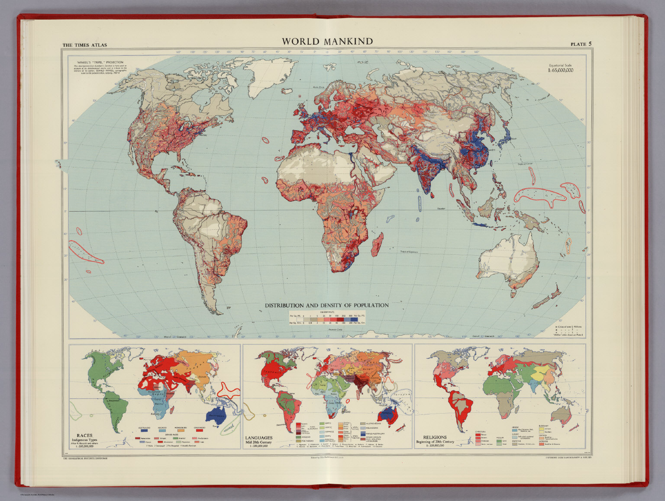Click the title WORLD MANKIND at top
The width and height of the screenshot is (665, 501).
point(327,42)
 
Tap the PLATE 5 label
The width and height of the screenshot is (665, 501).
point(581,44)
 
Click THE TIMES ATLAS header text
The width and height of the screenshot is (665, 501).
point(84,45)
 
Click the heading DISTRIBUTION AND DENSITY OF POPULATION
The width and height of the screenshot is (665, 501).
point(326,305)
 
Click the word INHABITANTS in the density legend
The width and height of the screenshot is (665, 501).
point(327,312)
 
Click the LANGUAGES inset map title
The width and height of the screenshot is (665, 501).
point(259,437)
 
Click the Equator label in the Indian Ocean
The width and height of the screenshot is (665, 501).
point(441,209)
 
